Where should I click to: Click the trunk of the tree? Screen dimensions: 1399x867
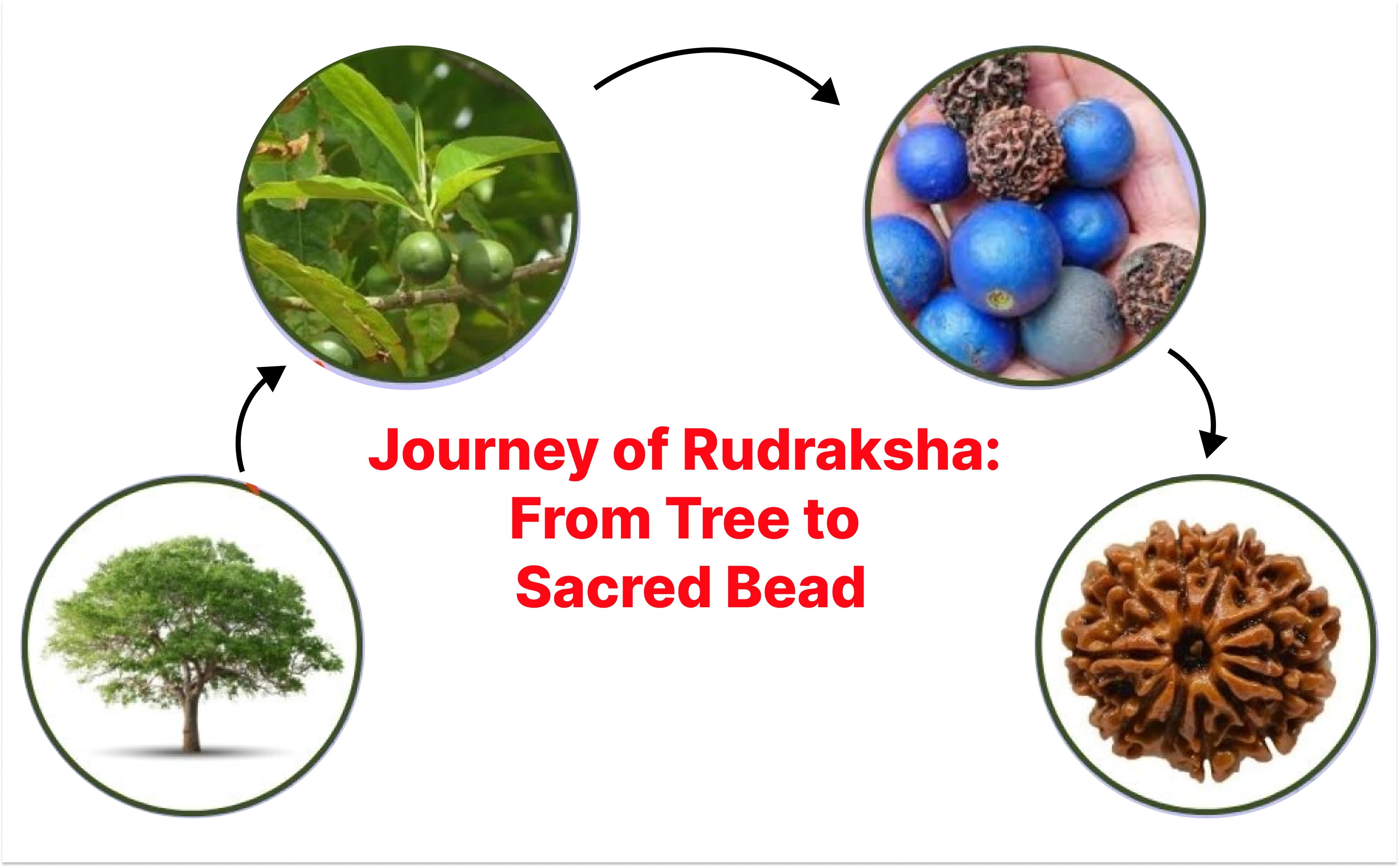click(191, 717)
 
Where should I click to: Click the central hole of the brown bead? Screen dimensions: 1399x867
click(1194, 650)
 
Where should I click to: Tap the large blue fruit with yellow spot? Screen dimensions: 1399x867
click(1006, 258)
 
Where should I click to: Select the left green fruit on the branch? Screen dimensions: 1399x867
click(424, 256)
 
